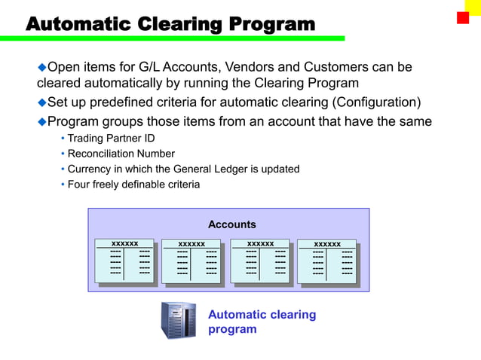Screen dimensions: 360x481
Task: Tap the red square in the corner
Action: point(462,17)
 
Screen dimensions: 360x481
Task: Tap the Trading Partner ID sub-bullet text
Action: point(111,139)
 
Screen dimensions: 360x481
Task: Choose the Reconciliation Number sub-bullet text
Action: point(121,154)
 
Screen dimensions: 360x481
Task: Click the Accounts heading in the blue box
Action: point(231,224)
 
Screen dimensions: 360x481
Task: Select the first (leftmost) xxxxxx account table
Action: point(125,261)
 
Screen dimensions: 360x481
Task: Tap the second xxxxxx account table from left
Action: point(191,261)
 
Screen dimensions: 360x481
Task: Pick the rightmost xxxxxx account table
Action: point(326,261)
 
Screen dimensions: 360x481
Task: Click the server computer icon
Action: point(178,320)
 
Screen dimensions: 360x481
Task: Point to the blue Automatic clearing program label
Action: point(262,322)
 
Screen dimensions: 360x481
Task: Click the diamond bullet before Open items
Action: point(42,68)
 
